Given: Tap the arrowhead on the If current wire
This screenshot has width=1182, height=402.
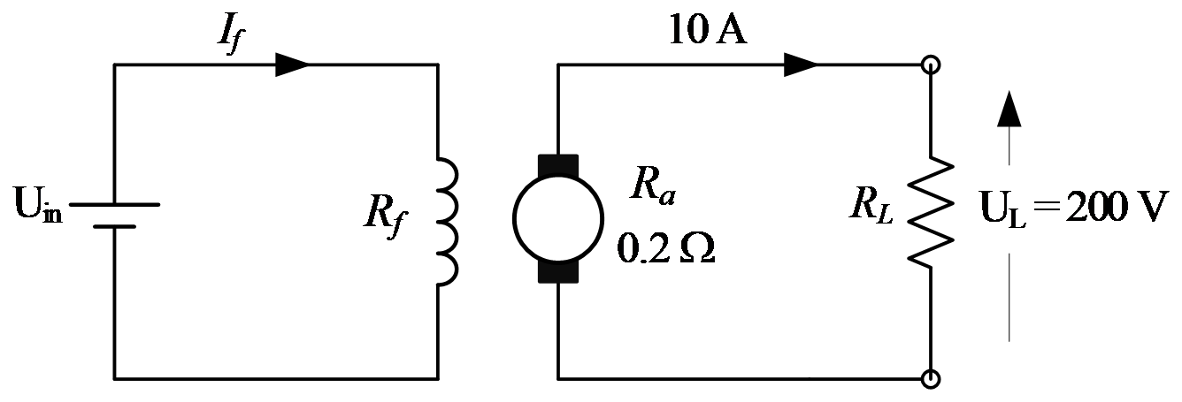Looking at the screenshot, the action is [292, 64].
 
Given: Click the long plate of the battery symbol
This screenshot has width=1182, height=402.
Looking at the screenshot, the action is [114, 204].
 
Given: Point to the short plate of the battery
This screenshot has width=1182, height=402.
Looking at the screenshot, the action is [114, 226].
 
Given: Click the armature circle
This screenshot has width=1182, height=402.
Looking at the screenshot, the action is [513, 218].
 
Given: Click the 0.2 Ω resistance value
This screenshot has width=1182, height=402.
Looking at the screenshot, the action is [666, 248].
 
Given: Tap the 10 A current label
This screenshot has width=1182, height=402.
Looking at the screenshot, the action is [707, 29].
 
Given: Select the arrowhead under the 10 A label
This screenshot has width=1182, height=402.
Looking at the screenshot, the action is [801, 64].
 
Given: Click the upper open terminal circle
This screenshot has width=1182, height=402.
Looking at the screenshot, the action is [931, 64].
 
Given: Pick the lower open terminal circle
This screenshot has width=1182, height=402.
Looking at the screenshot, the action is [931, 379].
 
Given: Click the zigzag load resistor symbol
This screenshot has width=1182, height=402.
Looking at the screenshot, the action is [931, 212].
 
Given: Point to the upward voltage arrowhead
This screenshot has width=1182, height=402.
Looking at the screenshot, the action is [1009, 109].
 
